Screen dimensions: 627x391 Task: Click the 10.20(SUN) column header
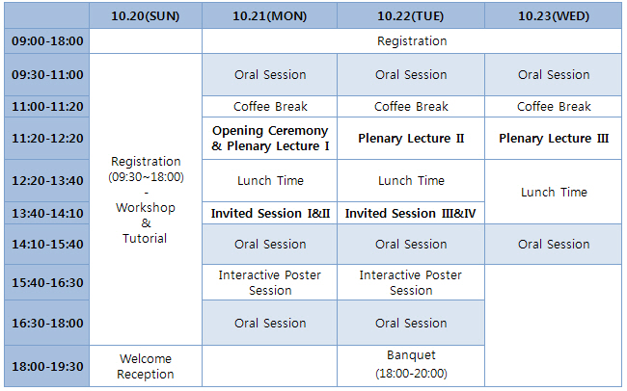[x=146, y=16]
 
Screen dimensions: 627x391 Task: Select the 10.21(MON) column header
[x=269, y=16]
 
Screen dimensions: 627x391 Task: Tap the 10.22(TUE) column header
[x=411, y=16]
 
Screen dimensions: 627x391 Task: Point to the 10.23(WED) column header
[x=554, y=16]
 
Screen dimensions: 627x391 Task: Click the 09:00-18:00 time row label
[x=47, y=41]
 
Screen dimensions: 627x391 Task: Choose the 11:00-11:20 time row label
[x=47, y=107]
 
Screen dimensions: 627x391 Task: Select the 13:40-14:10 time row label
[x=47, y=213]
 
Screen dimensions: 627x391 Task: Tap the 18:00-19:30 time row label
[x=47, y=366]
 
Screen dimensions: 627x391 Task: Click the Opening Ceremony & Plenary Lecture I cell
[x=270, y=138]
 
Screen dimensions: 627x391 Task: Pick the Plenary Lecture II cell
[x=411, y=138]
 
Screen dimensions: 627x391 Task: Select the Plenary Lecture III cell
[x=554, y=138]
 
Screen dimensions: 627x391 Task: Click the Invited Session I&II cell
[x=270, y=213]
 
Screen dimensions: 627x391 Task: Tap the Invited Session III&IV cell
[x=411, y=213]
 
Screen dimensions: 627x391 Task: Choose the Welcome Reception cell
[x=146, y=366]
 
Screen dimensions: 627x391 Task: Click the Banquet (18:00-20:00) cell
[x=411, y=364]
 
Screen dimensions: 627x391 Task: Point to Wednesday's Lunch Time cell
[x=554, y=192]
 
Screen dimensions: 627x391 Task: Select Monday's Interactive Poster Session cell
[x=270, y=282]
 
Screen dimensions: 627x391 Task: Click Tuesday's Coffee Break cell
[x=411, y=107]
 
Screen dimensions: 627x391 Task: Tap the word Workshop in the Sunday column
[x=146, y=208]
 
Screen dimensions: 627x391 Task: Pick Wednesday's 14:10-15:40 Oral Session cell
[x=554, y=244]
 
